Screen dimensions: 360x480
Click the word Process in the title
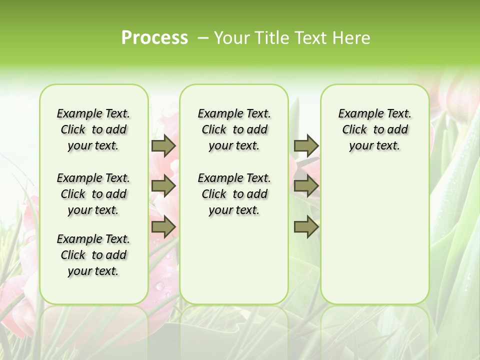tap(154, 38)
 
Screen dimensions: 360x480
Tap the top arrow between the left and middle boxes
tap(163, 145)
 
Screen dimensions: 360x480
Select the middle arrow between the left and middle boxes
tap(163, 186)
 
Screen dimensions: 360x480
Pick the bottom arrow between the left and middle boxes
tap(163, 227)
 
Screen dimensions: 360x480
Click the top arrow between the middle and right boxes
tap(306, 145)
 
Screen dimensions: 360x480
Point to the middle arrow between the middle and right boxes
tap(306, 186)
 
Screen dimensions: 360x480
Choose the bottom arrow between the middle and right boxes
tap(306, 227)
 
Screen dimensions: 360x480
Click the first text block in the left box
tap(93, 129)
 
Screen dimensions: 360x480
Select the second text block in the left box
tap(93, 194)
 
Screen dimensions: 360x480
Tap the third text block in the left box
tap(93, 255)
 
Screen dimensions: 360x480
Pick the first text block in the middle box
tap(234, 129)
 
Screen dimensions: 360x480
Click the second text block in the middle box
tap(234, 194)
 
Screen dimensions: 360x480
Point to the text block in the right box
tap(374, 129)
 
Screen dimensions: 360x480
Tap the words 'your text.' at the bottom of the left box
tap(93, 271)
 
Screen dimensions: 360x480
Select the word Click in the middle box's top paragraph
tap(214, 130)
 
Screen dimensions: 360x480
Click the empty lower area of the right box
tap(374, 235)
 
